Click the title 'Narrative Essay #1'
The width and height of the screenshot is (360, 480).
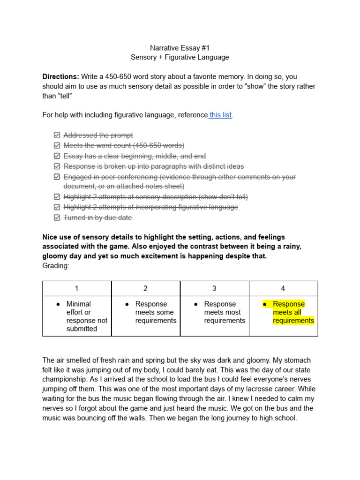pyautogui.click(x=180, y=48)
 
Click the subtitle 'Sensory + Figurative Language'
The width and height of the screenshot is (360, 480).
pyautogui.click(x=180, y=57)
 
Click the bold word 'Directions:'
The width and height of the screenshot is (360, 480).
pyautogui.click(x=60, y=76)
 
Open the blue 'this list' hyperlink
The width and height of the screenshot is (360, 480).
pyautogui.click(x=220, y=115)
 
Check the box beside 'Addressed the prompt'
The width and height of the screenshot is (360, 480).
pyautogui.click(x=57, y=135)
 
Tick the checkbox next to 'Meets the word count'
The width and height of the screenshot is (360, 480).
pyautogui.click(x=57, y=146)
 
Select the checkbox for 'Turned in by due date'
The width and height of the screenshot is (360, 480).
pyautogui.click(x=57, y=217)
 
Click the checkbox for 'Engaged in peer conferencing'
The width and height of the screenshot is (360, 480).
pyautogui.click(x=57, y=177)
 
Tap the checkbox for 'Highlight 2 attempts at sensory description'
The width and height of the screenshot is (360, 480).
pyautogui.click(x=57, y=197)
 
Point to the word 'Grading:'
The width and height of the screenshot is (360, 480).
pyautogui.click(x=55, y=265)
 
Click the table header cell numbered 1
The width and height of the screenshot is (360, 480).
pyautogui.click(x=77, y=289)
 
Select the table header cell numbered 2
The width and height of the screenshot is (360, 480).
pyautogui.click(x=145, y=289)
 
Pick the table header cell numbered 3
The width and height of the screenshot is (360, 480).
pyautogui.click(x=214, y=289)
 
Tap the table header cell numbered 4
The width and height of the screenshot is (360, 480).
pyautogui.click(x=283, y=289)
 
